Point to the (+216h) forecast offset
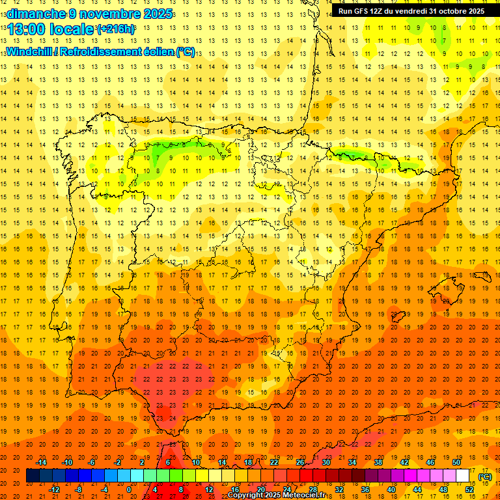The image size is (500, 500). point(116,29)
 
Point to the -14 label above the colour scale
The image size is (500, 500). point(41,462)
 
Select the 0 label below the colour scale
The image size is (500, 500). point(129,489)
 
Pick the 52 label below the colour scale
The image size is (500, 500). point(469,489)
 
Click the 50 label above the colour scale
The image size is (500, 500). point(456,462)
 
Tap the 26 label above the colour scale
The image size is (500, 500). point(300,462)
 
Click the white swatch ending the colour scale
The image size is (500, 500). point(463,476)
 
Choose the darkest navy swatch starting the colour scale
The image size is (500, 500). point(33,476)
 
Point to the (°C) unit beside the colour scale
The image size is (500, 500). point(485,477)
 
